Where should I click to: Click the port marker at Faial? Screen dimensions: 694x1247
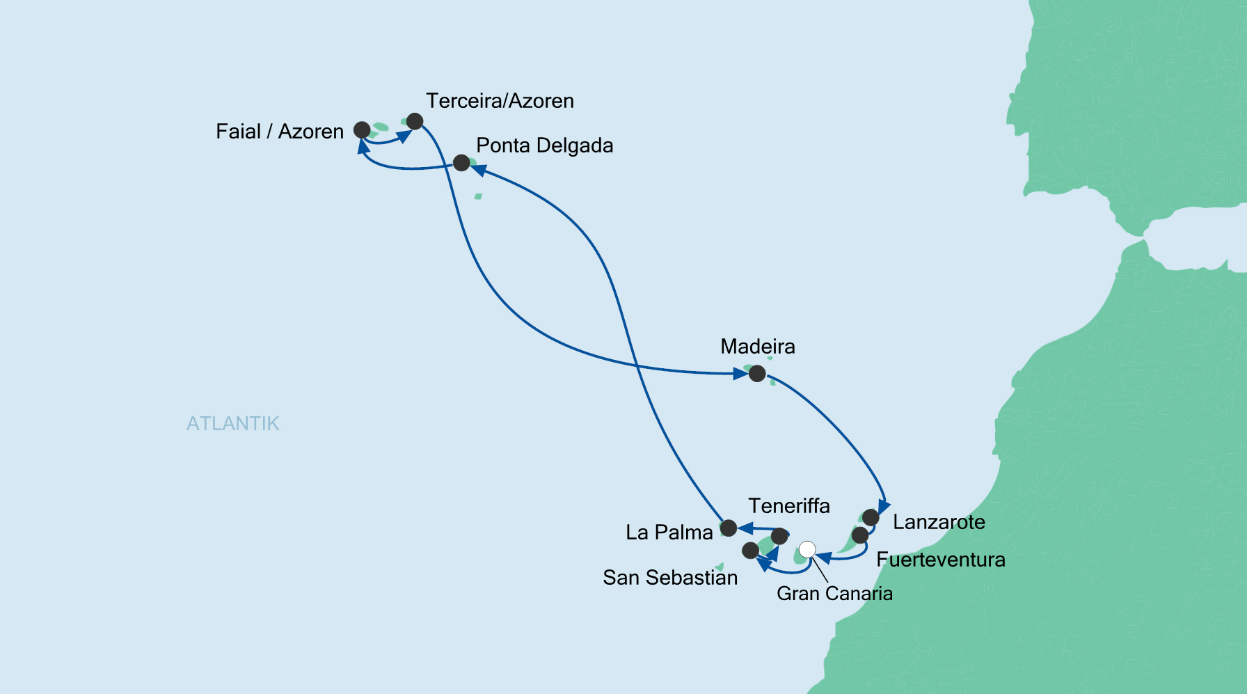point(362,129)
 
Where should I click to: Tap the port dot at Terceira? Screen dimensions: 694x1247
point(415,121)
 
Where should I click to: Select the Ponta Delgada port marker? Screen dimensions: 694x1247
point(461,163)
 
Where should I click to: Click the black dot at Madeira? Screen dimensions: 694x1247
point(757,374)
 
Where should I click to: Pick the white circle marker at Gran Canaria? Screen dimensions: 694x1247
point(807,550)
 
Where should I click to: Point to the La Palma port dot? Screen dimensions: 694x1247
point(729,528)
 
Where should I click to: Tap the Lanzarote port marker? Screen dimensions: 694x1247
point(871,517)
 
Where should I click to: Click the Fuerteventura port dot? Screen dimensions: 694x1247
point(860,535)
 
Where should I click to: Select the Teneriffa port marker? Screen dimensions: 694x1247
point(779,536)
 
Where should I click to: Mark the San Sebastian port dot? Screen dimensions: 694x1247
point(750,551)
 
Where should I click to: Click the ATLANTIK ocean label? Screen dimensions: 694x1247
point(232,423)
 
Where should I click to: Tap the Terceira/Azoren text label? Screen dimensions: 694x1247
point(500,101)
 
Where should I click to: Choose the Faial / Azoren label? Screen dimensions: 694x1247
point(280,132)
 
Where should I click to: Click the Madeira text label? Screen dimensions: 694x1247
point(757,346)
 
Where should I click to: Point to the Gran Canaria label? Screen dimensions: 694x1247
point(834,593)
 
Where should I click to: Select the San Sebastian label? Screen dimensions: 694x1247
point(669,577)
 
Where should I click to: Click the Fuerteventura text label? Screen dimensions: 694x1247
point(940,559)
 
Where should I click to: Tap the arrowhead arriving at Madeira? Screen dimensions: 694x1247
point(740,374)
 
